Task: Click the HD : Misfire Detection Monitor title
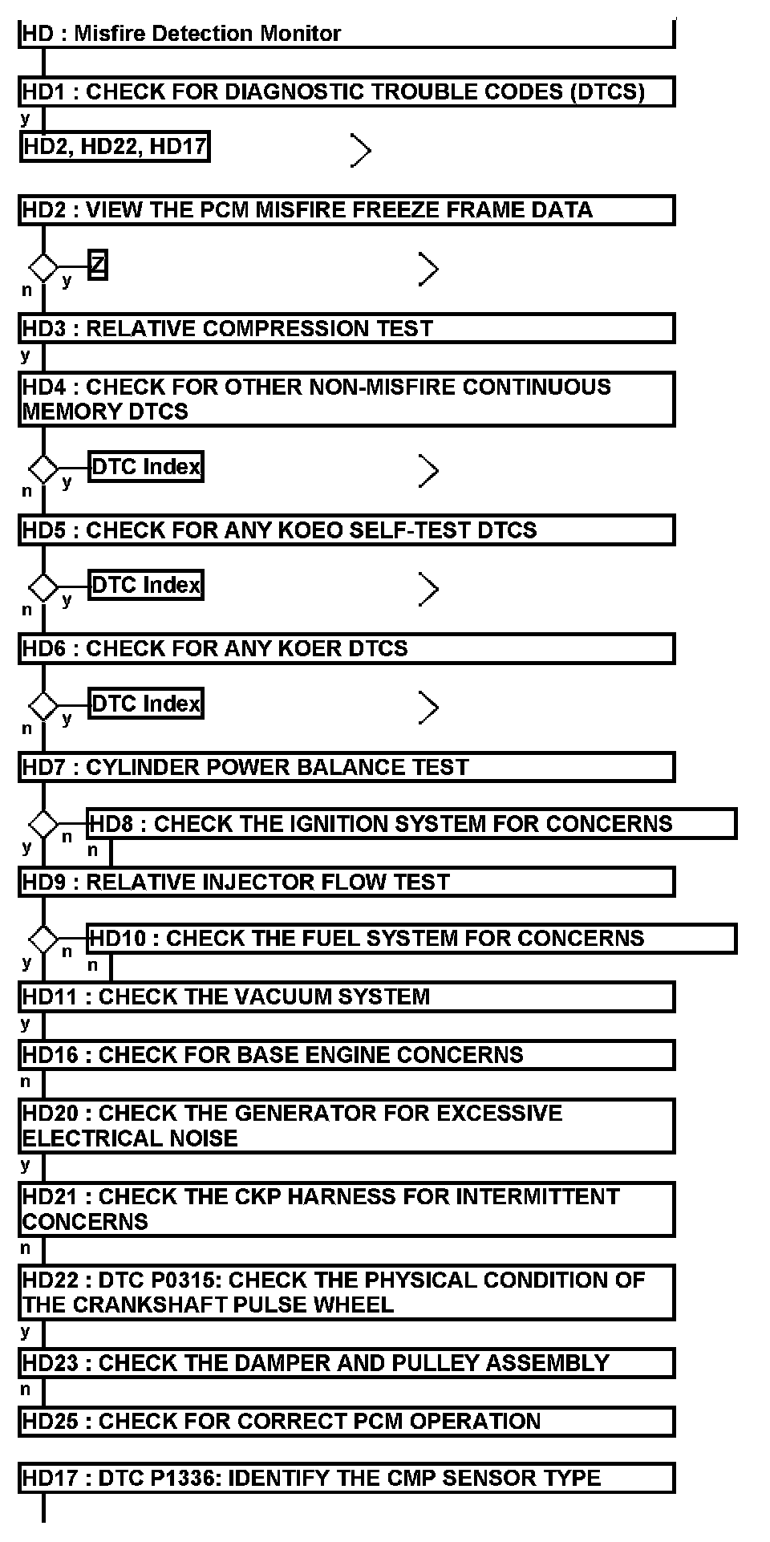[x=182, y=34]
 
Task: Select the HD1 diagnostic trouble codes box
[x=346, y=91]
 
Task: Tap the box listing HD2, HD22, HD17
[x=115, y=147]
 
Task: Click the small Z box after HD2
[x=98, y=265]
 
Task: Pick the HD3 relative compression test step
[x=346, y=328]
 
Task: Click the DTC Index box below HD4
[x=145, y=467]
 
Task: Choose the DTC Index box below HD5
[x=145, y=585]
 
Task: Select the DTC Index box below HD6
[x=145, y=704]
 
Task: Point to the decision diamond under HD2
[x=43, y=266]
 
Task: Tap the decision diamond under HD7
[x=43, y=824]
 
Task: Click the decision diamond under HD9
[x=43, y=939]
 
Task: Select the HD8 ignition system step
[x=411, y=824]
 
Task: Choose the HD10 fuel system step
[x=411, y=939]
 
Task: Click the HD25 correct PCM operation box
[x=346, y=1421]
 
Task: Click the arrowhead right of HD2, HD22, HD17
[x=361, y=150]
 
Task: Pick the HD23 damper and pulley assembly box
[x=346, y=1363]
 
